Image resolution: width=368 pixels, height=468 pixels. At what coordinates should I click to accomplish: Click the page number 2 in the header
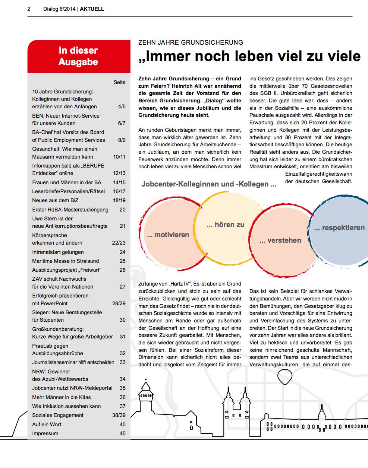pyautogui.click(x=29, y=9)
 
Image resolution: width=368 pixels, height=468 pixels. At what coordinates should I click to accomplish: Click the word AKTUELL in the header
pyautogui.click(x=92, y=9)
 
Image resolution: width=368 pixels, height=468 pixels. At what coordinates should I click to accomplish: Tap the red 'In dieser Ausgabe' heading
pyautogui.click(x=78, y=56)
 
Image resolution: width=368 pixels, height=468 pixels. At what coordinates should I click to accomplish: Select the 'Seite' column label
pyautogui.click(x=120, y=82)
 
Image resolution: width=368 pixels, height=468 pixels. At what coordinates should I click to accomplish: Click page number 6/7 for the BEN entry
pyautogui.click(x=122, y=123)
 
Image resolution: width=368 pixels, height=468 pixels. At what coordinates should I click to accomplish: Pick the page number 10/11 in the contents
pyautogui.click(x=119, y=157)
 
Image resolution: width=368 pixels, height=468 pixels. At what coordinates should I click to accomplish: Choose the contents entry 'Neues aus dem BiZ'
pyautogui.click(x=55, y=200)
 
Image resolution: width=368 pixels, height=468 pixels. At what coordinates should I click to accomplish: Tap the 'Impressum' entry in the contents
pyautogui.click(x=45, y=433)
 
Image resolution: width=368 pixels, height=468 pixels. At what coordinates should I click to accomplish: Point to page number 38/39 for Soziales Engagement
pyautogui.click(x=119, y=415)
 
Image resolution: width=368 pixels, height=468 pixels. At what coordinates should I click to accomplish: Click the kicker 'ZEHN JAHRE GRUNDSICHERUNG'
pyautogui.click(x=191, y=43)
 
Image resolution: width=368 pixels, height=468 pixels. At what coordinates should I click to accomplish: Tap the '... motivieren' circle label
pyautogui.click(x=168, y=235)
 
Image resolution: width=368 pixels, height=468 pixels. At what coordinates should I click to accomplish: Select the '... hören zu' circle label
pyautogui.click(x=226, y=225)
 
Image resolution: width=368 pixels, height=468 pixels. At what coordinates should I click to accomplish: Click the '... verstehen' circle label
pyautogui.click(x=280, y=241)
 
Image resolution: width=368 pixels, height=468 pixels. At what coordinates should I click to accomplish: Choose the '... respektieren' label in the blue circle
pyautogui.click(x=339, y=228)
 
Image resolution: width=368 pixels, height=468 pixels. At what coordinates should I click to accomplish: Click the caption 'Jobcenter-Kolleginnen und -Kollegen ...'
pyautogui.click(x=209, y=184)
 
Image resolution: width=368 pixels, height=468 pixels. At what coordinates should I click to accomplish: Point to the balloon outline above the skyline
pyautogui.click(x=285, y=376)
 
